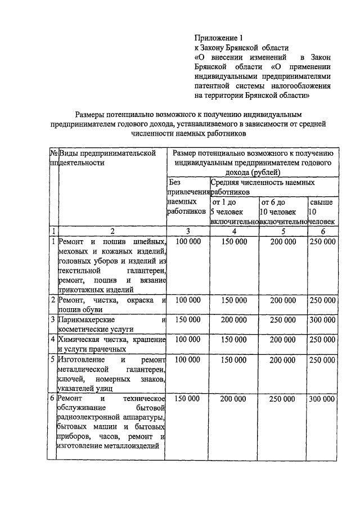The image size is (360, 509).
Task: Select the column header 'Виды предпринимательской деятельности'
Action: (x=106, y=157)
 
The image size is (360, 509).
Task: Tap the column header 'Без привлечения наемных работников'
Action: (x=187, y=201)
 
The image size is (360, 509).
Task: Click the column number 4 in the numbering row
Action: (x=233, y=231)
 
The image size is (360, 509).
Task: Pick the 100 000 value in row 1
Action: (x=187, y=242)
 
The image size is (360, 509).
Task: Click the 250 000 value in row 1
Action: (x=322, y=242)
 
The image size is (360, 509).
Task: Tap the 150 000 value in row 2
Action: (x=233, y=300)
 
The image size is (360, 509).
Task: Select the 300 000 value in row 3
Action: (x=322, y=319)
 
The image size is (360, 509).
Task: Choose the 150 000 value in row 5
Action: (x=233, y=359)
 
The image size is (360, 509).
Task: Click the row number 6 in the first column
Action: (x=52, y=398)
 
